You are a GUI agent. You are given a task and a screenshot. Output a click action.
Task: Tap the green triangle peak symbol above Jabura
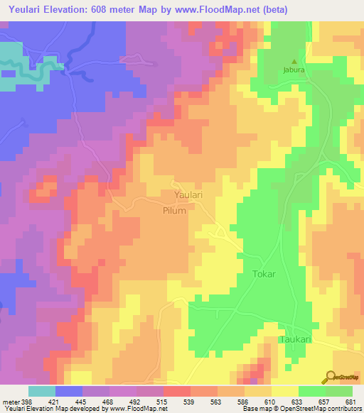(294, 61)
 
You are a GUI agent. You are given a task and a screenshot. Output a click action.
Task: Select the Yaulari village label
(190, 194)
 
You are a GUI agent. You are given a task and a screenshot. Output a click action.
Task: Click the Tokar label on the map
(264, 272)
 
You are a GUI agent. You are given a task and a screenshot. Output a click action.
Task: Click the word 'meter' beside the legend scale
(10, 402)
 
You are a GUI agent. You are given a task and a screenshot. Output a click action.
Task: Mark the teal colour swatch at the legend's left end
(42, 391)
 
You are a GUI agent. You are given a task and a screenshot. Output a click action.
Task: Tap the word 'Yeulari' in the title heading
(23, 9)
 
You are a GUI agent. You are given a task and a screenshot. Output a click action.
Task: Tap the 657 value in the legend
(324, 402)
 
